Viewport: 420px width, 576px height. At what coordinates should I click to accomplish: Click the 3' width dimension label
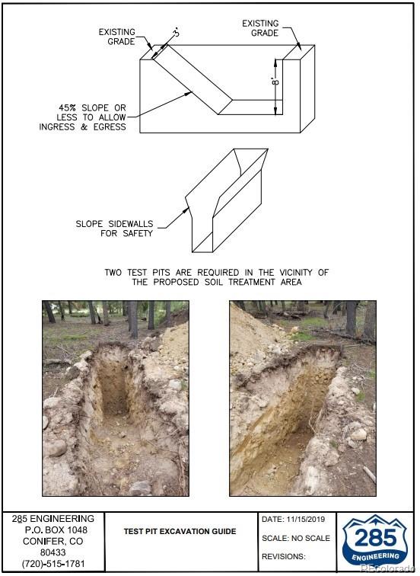pyautogui.click(x=177, y=33)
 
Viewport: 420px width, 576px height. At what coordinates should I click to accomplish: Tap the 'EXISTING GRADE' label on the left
pyautogui.click(x=117, y=37)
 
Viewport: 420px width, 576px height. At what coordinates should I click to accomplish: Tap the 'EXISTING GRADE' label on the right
pyautogui.click(x=260, y=28)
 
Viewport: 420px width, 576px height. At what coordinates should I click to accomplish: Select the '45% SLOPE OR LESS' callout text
pyautogui.click(x=82, y=117)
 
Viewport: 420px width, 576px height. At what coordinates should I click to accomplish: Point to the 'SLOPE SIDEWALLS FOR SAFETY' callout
pyautogui.click(x=114, y=229)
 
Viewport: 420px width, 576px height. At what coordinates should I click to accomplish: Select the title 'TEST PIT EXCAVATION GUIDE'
pyautogui.click(x=180, y=531)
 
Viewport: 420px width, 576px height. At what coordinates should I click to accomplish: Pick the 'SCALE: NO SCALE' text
pyautogui.click(x=296, y=538)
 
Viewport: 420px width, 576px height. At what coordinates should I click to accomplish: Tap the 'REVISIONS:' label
pyautogui.click(x=284, y=556)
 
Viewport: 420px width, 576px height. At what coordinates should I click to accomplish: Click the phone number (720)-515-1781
pyautogui.click(x=53, y=564)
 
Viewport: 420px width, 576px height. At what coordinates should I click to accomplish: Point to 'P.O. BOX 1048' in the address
pyautogui.click(x=56, y=530)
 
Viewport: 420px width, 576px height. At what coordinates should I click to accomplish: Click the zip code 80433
pyautogui.click(x=52, y=552)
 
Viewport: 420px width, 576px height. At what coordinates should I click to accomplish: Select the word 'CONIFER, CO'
pyautogui.click(x=52, y=541)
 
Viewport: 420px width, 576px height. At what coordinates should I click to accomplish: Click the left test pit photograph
pyautogui.click(x=116, y=398)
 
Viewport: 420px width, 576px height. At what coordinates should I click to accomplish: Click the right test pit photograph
pyautogui.click(x=303, y=398)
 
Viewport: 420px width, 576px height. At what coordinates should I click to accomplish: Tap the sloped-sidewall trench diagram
pyautogui.click(x=227, y=200)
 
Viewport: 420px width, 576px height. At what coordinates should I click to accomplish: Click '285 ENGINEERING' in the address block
pyautogui.click(x=53, y=519)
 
